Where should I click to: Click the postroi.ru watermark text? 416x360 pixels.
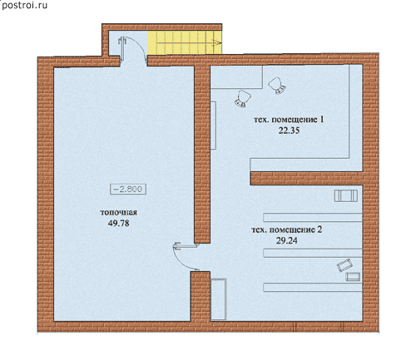point(24,5)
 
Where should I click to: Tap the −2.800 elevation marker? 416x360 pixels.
point(128,189)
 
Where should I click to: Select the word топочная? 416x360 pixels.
point(118,213)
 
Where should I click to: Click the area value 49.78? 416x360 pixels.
point(118,224)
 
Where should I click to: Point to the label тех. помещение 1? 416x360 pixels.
point(289,120)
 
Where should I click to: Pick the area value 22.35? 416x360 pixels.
point(289,131)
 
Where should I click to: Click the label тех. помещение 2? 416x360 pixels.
point(287,229)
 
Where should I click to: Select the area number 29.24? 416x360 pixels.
point(286,240)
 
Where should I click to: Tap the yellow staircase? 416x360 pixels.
point(185,42)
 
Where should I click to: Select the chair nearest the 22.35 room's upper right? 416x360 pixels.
point(277,86)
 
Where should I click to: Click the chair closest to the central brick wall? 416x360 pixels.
point(243,98)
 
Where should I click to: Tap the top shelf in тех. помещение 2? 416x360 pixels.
point(313,217)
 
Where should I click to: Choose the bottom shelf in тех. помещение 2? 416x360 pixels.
point(313,287)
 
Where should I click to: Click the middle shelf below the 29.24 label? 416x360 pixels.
point(313,253)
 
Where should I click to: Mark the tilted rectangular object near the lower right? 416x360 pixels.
point(344,265)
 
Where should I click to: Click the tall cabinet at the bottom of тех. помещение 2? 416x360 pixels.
point(219,299)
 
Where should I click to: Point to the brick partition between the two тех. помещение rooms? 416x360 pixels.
point(306,178)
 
